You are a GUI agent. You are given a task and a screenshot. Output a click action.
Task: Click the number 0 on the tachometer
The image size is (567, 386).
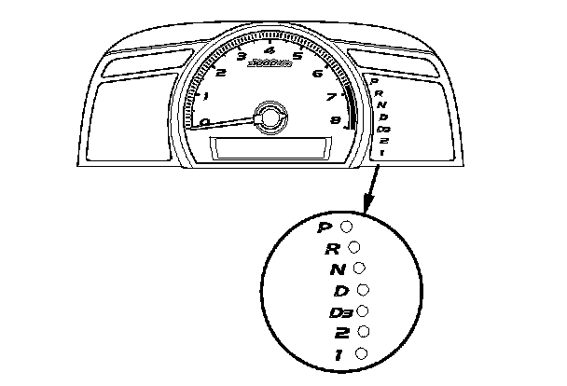click(204, 121)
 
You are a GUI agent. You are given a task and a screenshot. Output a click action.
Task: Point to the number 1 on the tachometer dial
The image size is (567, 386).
click(204, 95)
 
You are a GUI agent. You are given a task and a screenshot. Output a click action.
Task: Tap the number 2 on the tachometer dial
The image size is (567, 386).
click(220, 72)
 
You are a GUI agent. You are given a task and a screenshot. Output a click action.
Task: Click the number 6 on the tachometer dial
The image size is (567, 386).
click(318, 73)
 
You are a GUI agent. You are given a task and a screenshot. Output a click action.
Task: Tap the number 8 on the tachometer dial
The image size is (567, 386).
click(334, 120)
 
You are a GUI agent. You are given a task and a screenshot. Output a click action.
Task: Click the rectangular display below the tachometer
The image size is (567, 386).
click(270, 147)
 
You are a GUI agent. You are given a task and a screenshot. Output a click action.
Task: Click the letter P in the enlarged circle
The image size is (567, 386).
click(325, 227)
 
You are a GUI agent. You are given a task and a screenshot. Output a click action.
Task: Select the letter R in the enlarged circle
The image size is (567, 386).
click(331, 248)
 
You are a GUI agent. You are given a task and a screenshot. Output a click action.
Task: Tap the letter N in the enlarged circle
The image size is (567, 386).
click(338, 269)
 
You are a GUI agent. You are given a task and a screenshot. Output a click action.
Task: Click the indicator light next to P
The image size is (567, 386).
click(346, 226)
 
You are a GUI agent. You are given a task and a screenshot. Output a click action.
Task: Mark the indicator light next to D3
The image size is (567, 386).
click(363, 310)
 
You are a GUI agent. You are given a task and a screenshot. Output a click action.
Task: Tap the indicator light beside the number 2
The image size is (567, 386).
click(363, 331)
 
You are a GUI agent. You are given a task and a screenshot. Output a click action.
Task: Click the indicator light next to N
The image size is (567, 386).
click(360, 269)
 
